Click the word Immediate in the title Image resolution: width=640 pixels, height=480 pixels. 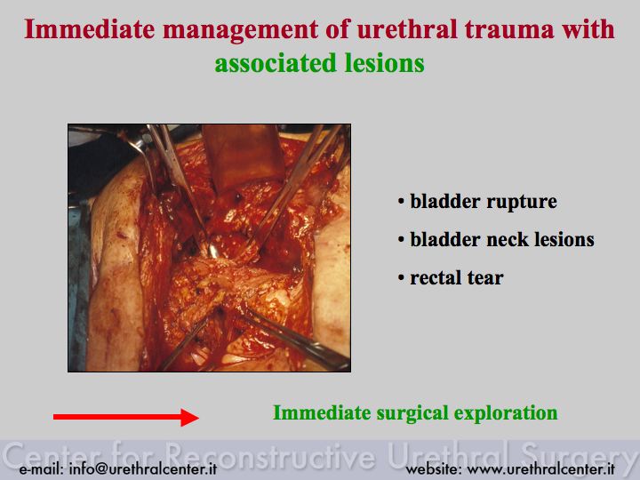pyautogui.click(x=90, y=29)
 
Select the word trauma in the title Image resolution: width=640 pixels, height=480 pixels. pyautogui.click(x=509, y=30)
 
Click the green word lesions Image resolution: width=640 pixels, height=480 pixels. pyautogui.click(x=385, y=64)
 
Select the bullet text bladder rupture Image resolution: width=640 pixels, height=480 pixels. pyautogui.click(x=484, y=202)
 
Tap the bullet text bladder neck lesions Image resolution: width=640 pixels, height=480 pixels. pyautogui.click(x=502, y=240)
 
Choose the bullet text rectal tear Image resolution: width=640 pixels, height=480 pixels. pyautogui.click(x=457, y=278)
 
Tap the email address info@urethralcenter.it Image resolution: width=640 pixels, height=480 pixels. pyautogui.click(x=143, y=469)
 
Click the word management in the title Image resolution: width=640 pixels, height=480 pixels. pyautogui.click(x=240, y=30)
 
